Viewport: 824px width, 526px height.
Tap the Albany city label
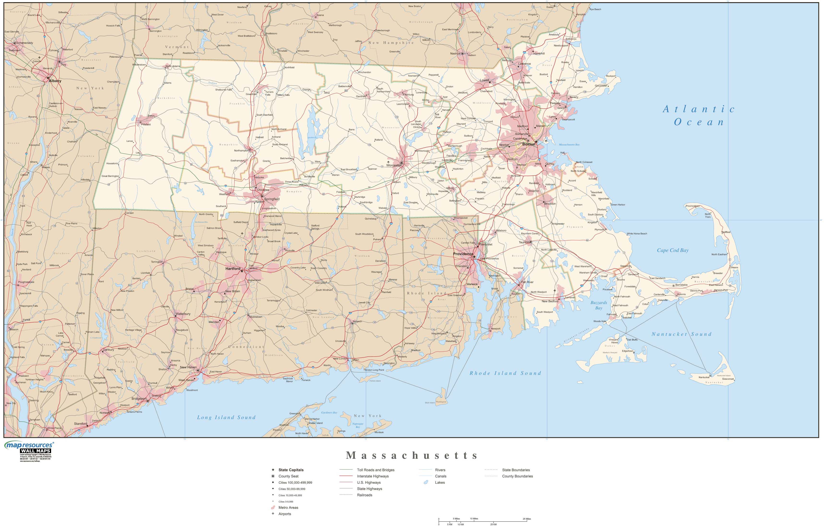(x=55, y=81)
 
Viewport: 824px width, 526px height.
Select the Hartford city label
(x=233, y=269)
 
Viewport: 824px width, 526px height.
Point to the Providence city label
(x=463, y=254)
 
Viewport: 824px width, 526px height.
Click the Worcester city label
(x=394, y=165)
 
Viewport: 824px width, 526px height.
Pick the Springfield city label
(x=272, y=199)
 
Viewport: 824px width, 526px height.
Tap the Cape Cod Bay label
(x=672, y=250)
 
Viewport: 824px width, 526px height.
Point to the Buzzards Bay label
(x=599, y=305)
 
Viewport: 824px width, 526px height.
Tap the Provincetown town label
(x=693, y=206)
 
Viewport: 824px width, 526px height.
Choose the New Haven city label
(x=188, y=367)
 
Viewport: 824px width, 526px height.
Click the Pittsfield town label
(x=146, y=124)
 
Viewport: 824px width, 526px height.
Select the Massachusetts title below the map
(x=412, y=455)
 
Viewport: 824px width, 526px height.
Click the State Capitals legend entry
(x=291, y=470)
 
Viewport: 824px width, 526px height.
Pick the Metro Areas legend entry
(x=288, y=508)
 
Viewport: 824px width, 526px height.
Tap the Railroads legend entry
(x=365, y=495)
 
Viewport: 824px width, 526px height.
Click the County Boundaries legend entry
(x=517, y=476)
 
